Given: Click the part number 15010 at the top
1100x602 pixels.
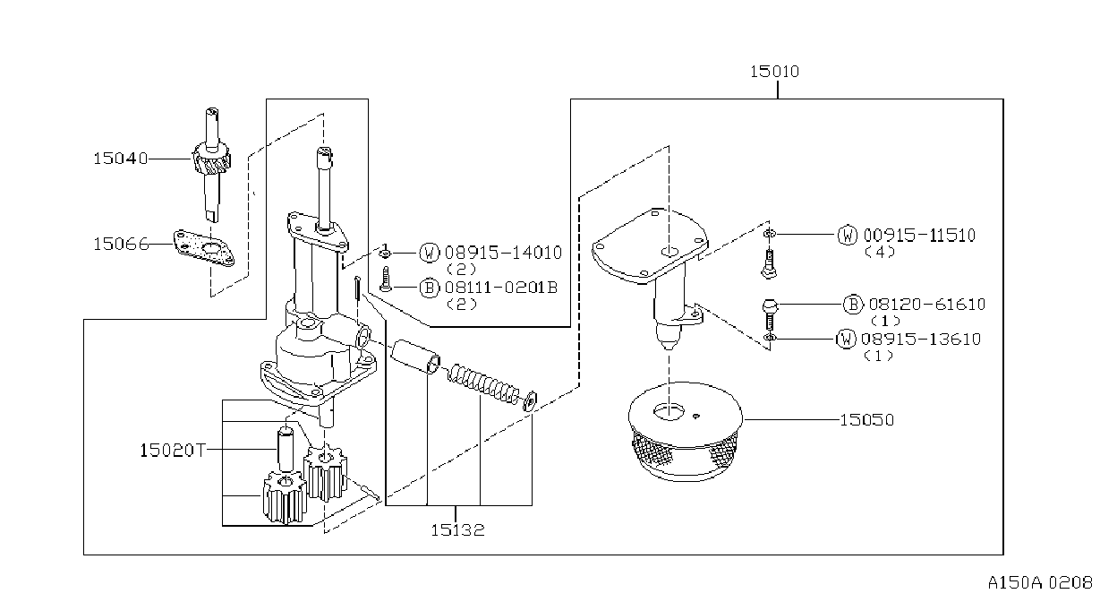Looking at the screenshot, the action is pos(774,72).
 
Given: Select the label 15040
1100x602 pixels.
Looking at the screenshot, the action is pos(121,159).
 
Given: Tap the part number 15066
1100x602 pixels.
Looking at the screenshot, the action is pos(121,245).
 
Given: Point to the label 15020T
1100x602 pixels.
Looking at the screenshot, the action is pos(173,450).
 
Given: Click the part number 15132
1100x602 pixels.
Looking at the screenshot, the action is pos(457,529).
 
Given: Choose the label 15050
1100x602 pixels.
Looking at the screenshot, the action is pos(866,420).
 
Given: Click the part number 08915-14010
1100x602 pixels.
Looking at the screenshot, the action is pos(503,253).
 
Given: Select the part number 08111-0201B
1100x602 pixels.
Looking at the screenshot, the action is pos(501,288).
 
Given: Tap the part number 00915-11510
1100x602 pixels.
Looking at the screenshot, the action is pos(919,236).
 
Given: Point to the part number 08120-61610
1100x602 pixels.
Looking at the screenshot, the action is pos(927,305).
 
